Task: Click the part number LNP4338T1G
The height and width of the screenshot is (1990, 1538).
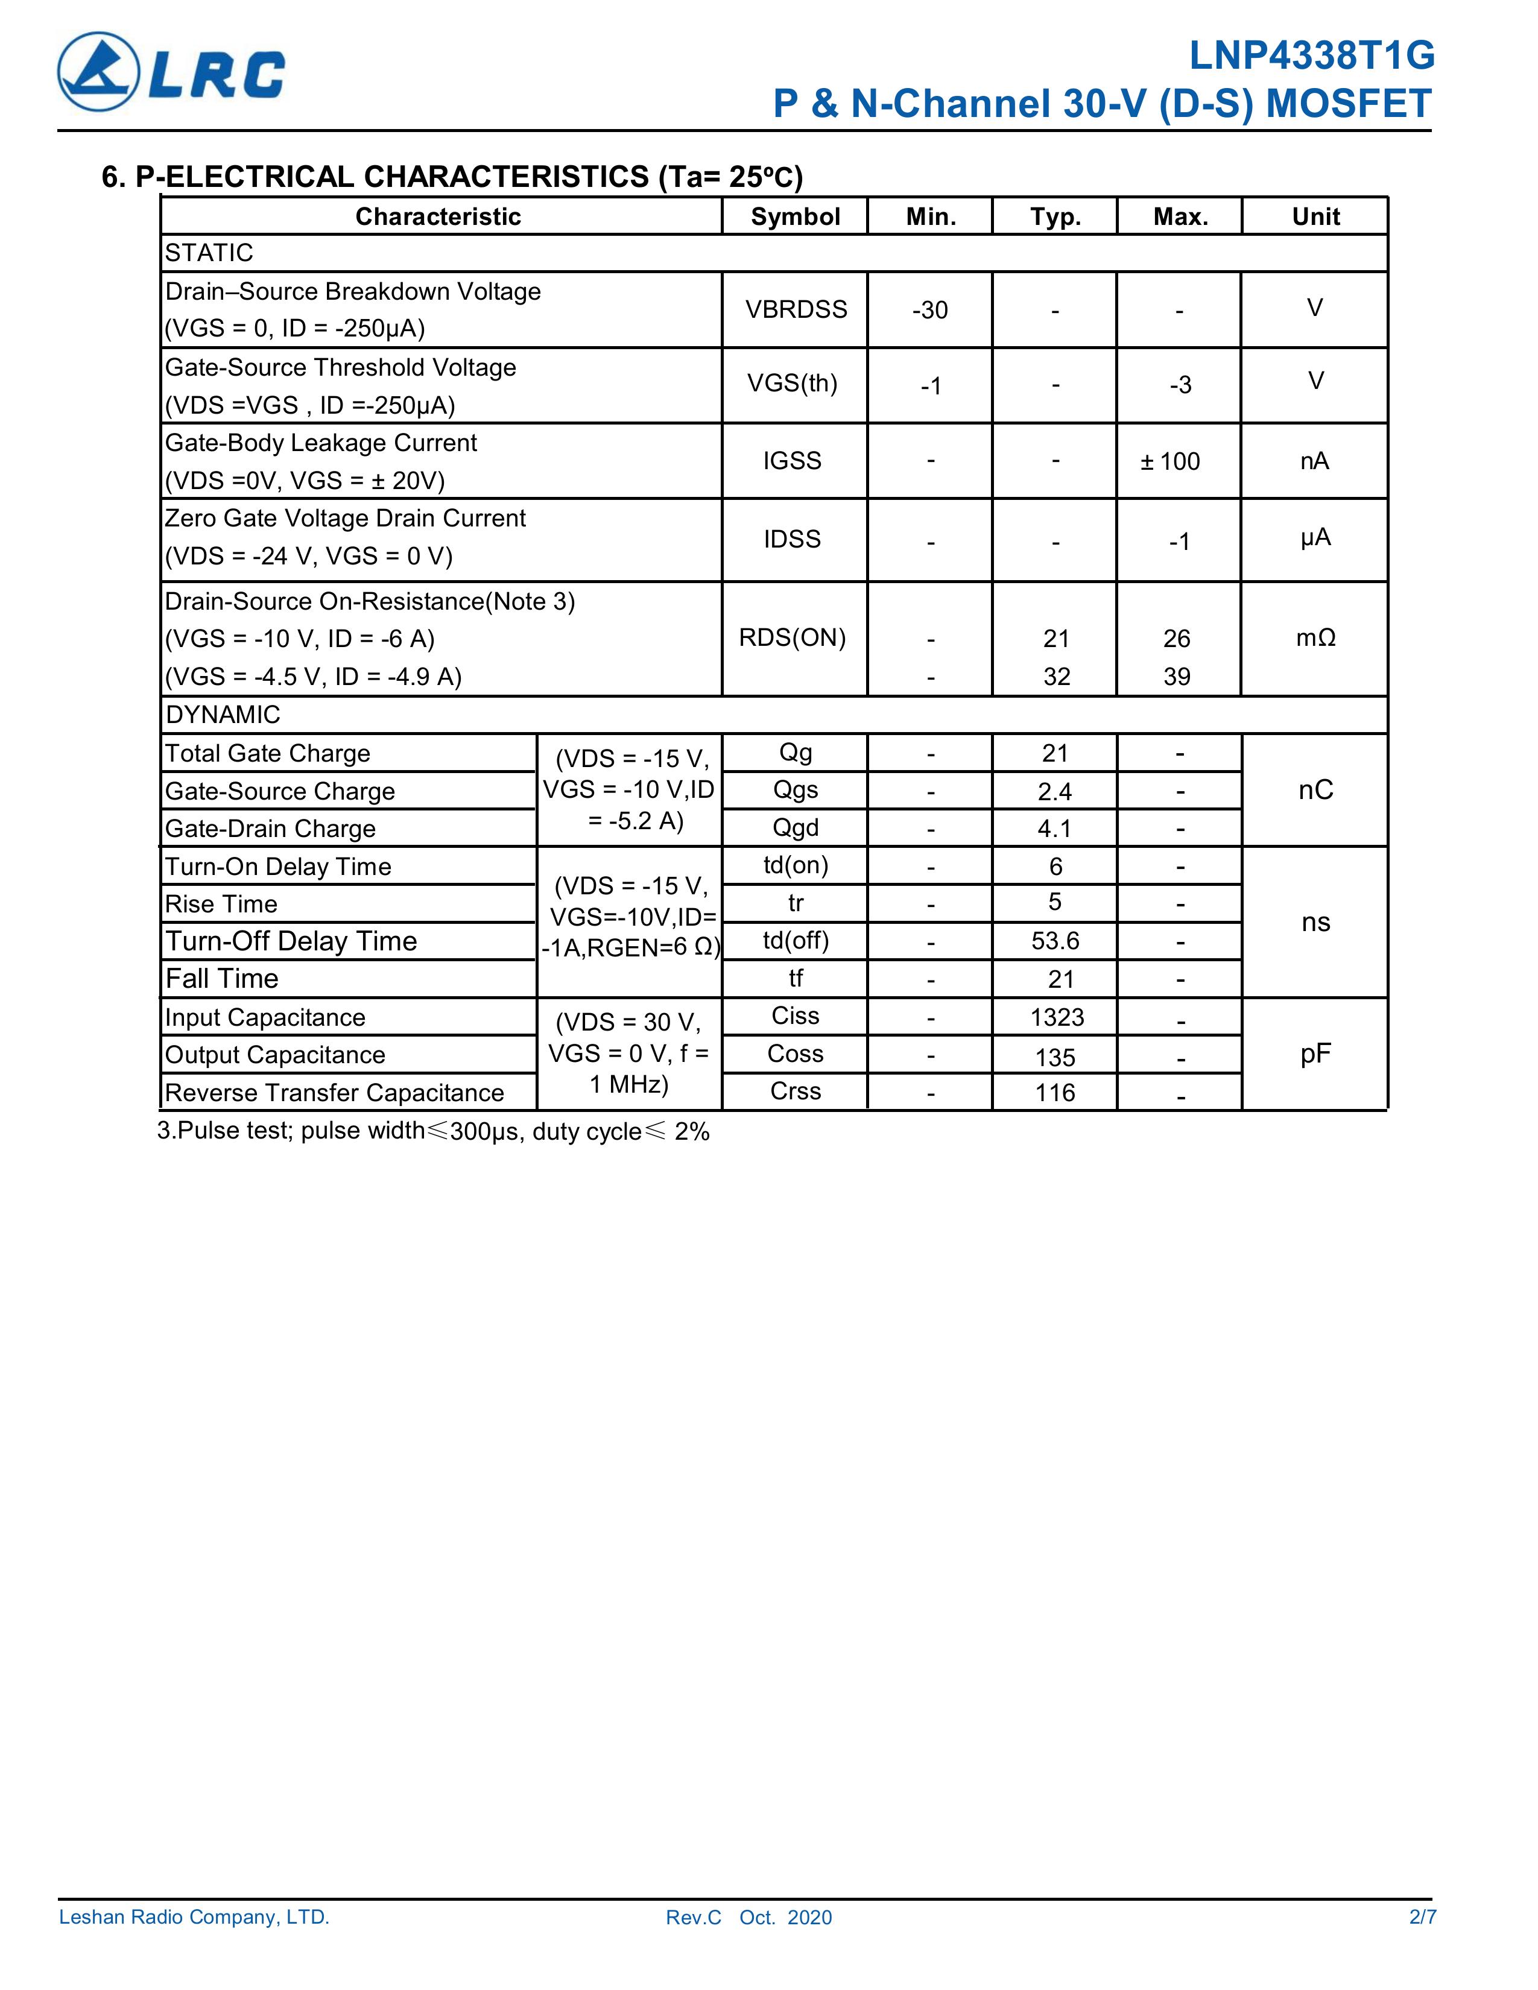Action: coord(1311,57)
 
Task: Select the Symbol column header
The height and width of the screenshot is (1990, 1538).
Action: coord(794,217)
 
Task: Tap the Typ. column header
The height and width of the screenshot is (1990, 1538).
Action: coord(1055,217)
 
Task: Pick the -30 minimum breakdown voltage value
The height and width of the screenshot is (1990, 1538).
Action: coord(929,311)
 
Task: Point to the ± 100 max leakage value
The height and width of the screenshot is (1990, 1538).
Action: coord(1170,461)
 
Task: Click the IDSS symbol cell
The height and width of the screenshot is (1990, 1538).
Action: coord(792,540)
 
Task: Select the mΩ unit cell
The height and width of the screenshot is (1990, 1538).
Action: coord(1315,638)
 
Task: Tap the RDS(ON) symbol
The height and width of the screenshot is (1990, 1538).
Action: coord(792,638)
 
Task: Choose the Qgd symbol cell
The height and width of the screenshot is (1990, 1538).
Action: coord(796,827)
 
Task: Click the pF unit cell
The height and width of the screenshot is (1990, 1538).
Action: coord(1315,1054)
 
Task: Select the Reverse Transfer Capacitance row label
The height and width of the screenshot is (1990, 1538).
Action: coord(334,1093)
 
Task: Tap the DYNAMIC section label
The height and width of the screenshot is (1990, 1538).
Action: coord(223,715)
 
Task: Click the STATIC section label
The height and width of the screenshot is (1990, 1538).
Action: coord(209,253)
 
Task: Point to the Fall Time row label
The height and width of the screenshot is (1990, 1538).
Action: coord(223,979)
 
